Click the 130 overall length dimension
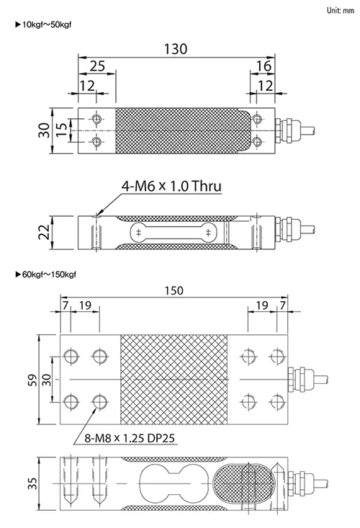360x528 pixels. (175, 49)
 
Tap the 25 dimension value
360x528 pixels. (97, 66)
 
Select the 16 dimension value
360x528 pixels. (264, 66)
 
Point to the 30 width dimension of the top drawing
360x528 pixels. (44, 130)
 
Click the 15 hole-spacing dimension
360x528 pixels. (61, 130)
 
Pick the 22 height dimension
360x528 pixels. (44, 232)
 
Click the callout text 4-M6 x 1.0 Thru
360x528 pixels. (171, 186)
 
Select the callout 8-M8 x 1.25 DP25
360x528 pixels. (130, 438)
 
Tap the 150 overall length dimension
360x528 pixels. (174, 290)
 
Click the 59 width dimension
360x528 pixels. (32, 380)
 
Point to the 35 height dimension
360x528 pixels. (32, 483)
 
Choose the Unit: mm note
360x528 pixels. (340, 10)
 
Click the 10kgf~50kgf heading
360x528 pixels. (43, 24)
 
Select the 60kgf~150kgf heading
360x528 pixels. (46, 274)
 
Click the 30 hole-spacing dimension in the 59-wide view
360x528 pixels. (47, 380)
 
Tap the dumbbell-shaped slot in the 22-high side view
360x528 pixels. (174, 232)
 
